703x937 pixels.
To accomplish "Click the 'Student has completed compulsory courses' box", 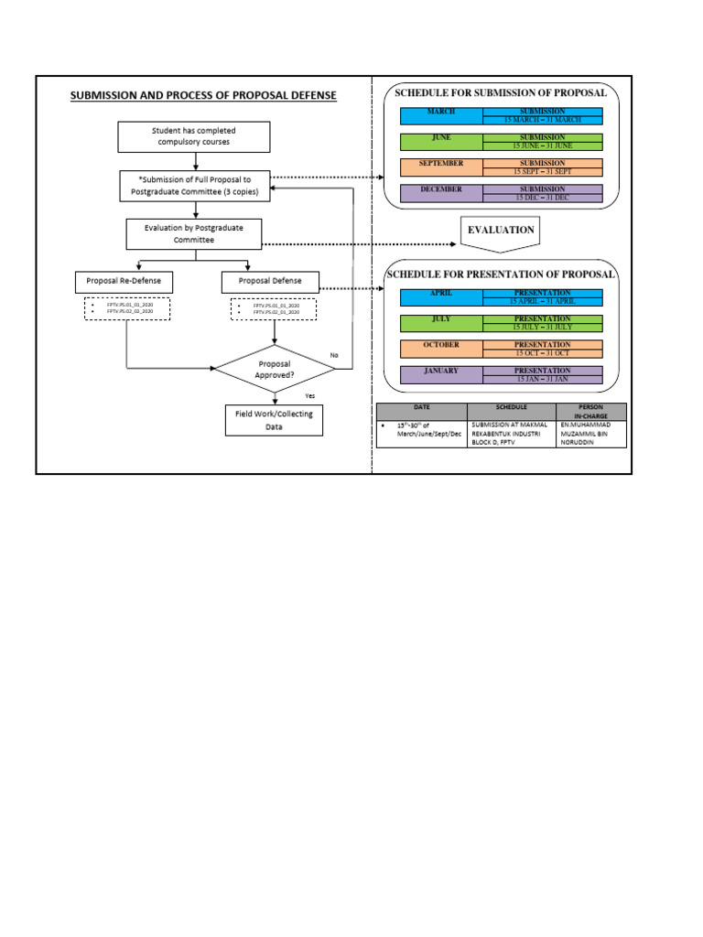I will coord(194,136).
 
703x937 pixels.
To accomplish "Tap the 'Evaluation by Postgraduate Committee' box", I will coord(194,234).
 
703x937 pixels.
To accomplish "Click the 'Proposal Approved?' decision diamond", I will coord(275,369).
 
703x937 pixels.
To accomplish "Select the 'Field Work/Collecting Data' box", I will coord(273,420).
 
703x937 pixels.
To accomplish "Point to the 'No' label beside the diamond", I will coord(333,355).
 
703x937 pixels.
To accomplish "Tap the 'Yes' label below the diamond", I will coord(309,396).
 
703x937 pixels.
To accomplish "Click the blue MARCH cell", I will coord(441,115).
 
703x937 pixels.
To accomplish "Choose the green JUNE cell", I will coord(441,141).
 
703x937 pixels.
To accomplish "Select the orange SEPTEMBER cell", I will coord(441,167).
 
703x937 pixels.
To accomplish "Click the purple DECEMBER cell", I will coord(441,192).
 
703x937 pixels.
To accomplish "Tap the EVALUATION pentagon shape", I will coord(500,232).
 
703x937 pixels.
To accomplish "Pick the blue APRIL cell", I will coord(441,296).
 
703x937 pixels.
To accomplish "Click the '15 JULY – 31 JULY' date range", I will coord(543,327).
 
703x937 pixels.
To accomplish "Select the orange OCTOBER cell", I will coord(441,348).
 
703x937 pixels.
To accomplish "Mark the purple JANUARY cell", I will coord(441,373).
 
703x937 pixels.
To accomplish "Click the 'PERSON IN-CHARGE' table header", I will coord(590,412).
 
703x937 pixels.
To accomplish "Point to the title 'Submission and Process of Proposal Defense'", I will coord(203,95).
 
